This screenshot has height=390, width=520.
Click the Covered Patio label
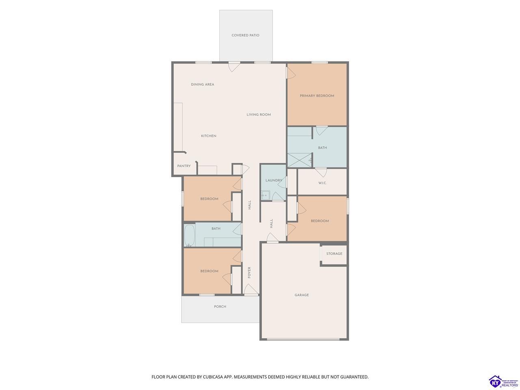tap(245, 35)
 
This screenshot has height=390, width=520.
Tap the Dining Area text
tap(202, 84)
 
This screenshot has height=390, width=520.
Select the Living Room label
tap(258, 115)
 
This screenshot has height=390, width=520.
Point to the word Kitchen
tap(208, 136)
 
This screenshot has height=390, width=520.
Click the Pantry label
tap(184, 166)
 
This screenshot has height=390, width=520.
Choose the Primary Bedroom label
tap(317, 95)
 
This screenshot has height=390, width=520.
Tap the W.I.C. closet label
tap(322, 183)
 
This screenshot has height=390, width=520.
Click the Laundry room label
tap(274, 180)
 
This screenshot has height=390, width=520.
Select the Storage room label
tap(334, 253)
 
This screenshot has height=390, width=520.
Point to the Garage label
tap(301, 295)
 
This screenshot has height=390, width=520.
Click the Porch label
tap(220, 307)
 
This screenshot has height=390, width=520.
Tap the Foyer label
tap(249, 273)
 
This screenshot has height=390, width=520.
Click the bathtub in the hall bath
tap(190, 236)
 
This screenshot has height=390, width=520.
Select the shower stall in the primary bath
tap(299, 160)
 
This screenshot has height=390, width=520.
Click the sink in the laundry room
tap(265, 195)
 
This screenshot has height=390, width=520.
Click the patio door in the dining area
tap(234, 66)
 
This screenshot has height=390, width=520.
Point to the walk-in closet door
tap(321, 172)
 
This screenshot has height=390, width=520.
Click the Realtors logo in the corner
tap(503, 381)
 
